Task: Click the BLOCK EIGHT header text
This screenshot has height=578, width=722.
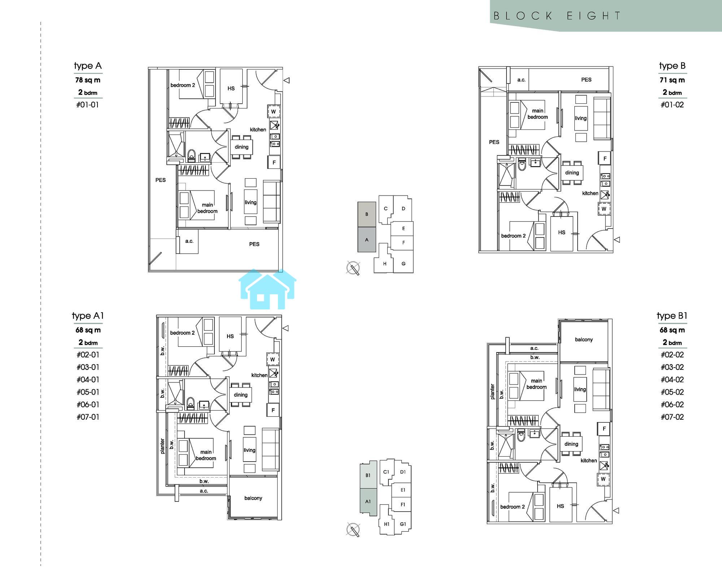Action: [557, 16]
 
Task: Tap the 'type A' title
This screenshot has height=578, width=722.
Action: [88, 66]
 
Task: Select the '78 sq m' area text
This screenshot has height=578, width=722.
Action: [88, 80]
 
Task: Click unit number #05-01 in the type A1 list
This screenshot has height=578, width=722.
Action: [88, 392]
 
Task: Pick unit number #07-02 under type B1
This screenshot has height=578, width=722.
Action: [672, 417]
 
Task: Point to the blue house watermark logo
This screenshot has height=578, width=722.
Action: [268, 289]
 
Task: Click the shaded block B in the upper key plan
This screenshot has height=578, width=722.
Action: [367, 214]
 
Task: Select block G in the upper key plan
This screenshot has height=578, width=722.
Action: [403, 264]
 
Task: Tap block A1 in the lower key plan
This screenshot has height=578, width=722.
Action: [368, 501]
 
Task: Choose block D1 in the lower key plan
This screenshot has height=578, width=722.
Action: [403, 472]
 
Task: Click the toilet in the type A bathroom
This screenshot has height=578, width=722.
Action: [191, 156]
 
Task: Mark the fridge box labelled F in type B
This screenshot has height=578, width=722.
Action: [605, 158]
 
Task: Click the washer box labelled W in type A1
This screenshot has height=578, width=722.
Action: [273, 359]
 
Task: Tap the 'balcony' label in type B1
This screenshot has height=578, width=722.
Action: [584, 339]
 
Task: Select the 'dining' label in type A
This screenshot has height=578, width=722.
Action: [242, 147]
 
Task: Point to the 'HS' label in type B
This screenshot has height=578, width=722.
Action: [562, 232]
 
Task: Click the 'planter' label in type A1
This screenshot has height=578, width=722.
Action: [162, 446]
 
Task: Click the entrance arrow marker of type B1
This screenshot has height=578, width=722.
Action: [616, 510]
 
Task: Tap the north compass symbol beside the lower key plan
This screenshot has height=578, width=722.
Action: [353, 530]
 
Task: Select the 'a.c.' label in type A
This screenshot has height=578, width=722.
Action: [190, 241]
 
